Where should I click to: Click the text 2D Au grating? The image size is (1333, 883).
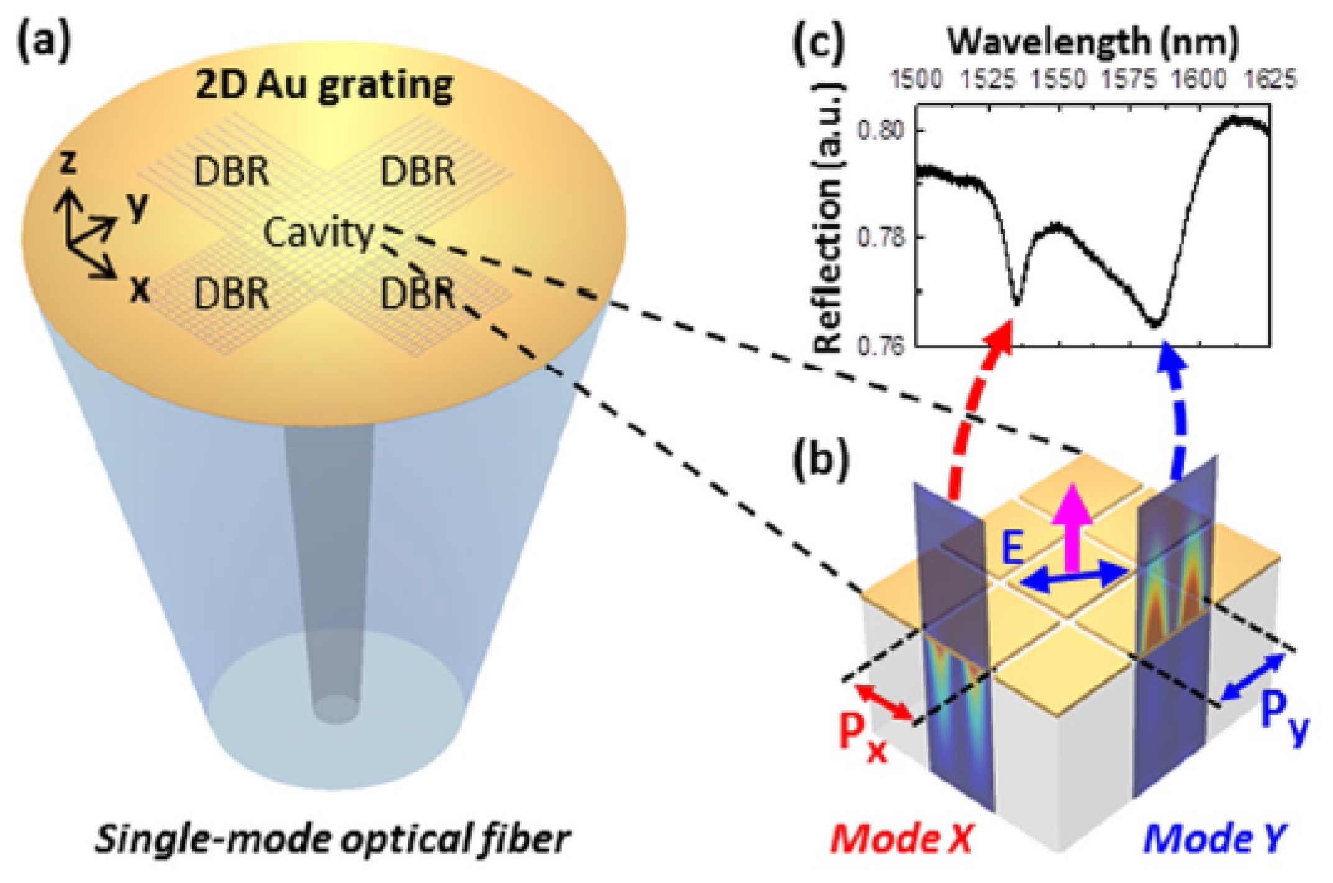[x=324, y=85]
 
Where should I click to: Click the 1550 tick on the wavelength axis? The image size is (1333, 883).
[x=1058, y=80]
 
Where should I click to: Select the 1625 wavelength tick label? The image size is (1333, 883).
[x=1271, y=80]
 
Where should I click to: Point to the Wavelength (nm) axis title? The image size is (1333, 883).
[x=1093, y=42]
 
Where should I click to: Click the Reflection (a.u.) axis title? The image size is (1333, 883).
[x=828, y=217]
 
